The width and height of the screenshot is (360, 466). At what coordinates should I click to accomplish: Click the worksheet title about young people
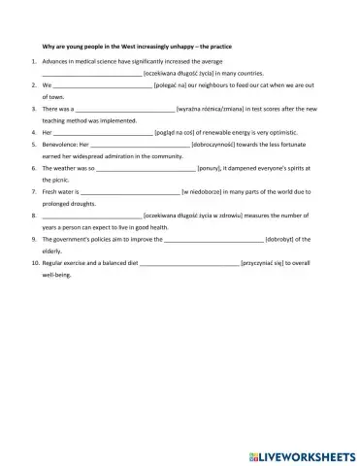pyautogui.click(x=140, y=47)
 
